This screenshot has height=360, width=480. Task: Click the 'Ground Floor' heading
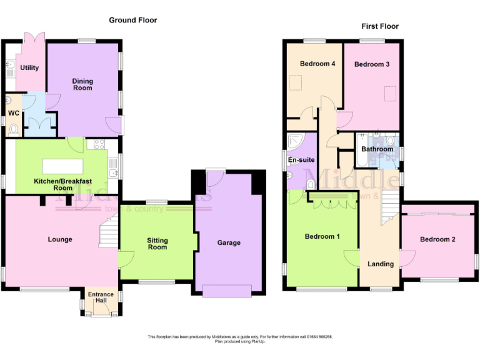click(x=132, y=20)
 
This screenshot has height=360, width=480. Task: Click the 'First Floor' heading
click(x=379, y=26)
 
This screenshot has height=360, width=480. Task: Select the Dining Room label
click(x=82, y=84)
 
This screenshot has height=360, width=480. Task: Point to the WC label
click(x=12, y=113)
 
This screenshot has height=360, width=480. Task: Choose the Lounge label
click(x=60, y=239)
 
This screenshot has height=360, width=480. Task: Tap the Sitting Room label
click(x=157, y=244)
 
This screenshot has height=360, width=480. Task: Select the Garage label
click(x=229, y=243)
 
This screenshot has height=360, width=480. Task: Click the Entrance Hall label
click(x=100, y=298)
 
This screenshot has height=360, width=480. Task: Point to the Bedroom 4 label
click(x=317, y=64)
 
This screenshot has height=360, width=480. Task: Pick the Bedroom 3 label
click(x=372, y=64)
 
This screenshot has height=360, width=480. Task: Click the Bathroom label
click(x=378, y=149)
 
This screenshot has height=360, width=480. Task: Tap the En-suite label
click(x=301, y=160)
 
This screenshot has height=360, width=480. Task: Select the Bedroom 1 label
click(x=322, y=236)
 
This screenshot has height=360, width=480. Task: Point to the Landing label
click(x=380, y=264)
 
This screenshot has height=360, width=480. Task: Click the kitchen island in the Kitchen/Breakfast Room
click(x=62, y=166)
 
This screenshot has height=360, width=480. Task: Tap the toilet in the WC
click(x=13, y=129)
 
